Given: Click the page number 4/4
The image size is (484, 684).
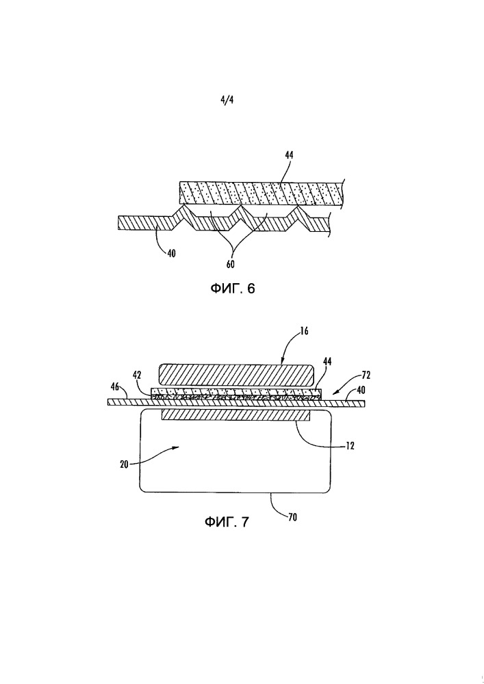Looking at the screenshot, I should pyautogui.click(x=227, y=100).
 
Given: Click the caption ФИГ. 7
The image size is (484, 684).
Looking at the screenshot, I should pyautogui.click(x=227, y=523).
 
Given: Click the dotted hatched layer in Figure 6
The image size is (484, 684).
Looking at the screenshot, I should pyautogui.click(x=260, y=192).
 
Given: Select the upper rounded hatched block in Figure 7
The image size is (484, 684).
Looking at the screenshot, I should pyautogui.click(x=236, y=374).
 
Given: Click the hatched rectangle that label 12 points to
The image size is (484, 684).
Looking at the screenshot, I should pyautogui.click(x=235, y=415).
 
